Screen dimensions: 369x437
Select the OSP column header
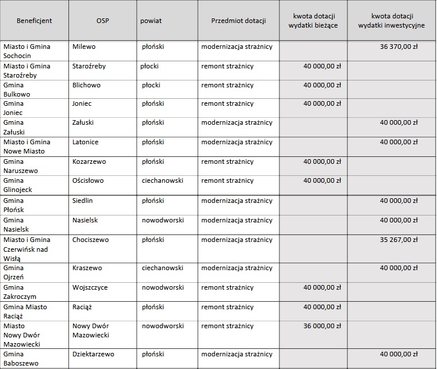tap(103, 21)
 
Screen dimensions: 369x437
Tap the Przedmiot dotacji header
tap(238, 21)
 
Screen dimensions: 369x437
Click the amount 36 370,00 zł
tap(399, 47)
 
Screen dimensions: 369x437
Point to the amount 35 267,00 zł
tap(399, 240)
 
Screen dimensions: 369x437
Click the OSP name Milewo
tap(84, 47)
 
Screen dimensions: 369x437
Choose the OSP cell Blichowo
tap(86, 85)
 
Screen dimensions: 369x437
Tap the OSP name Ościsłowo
tap(88, 180)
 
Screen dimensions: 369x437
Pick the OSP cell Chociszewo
tap(90, 240)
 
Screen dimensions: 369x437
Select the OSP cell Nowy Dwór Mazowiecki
tap(91, 330)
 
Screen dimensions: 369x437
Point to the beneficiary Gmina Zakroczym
tap(21, 292)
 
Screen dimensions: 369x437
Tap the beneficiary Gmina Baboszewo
tap(21, 359)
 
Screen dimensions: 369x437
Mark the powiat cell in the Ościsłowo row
tap(163, 180)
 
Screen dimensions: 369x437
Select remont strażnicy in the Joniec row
tap(227, 104)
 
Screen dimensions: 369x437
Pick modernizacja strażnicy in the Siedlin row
tap(236, 201)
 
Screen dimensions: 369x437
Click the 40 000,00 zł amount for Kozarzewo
tap(322, 162)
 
